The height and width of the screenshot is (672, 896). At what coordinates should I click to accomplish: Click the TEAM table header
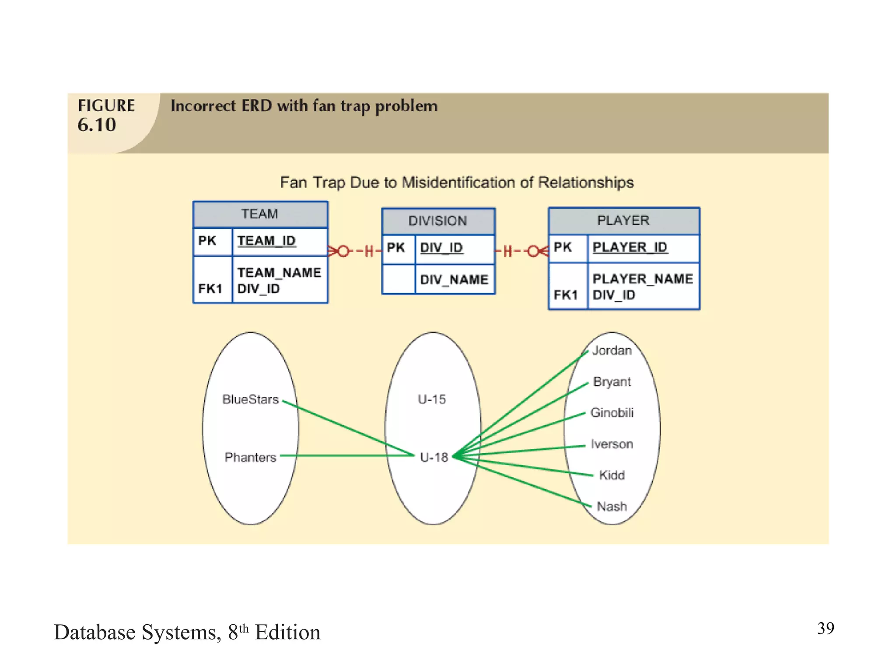tap(260, 214)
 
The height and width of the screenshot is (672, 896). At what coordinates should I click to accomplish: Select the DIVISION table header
tap(437, 221)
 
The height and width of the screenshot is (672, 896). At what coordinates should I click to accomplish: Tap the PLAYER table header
tap(623, 220)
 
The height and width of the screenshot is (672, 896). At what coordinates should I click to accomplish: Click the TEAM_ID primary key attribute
tap(266, 241)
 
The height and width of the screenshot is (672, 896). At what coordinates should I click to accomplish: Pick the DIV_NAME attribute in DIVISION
tap(454, 280)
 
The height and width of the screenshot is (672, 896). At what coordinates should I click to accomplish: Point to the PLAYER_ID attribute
tap(630, 247)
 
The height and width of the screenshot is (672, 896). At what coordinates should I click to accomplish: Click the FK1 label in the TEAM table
tap(210, 289)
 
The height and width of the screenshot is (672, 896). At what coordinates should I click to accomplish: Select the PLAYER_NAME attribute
tap(642, 279)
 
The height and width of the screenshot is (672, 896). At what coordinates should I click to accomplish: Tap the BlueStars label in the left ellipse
tap(250, 399)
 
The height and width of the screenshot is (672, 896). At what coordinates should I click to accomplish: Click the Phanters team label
tap(250, 458)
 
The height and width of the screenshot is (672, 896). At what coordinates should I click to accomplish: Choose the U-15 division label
tap(432, 399)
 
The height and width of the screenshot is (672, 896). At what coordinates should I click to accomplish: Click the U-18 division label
tap(434, 458)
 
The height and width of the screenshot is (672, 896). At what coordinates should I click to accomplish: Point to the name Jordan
tap(612, 350)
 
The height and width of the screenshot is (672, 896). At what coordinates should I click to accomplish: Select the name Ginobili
tap(612, 413)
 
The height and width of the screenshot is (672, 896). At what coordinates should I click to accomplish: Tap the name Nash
tap(612, 507)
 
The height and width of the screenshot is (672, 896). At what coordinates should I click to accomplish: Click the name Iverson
tap(612, 444)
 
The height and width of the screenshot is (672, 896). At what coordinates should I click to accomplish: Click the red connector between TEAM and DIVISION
tap(355, 251)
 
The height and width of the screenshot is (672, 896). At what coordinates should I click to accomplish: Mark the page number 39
tap(825, 628)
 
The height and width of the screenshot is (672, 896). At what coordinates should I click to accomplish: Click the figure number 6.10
tap(97, 125)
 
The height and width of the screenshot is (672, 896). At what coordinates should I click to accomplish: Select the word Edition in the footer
tap(287, 633)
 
